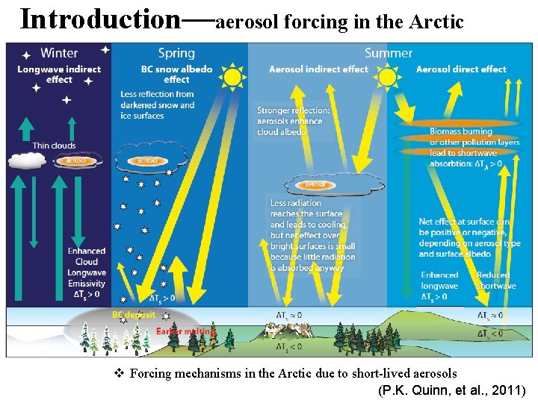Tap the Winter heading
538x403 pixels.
click(59, 53)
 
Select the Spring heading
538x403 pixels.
click(176, 53)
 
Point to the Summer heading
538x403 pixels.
click(388, 53)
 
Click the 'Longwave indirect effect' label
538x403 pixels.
click(59, 74)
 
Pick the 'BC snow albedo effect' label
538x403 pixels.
click(176, 74)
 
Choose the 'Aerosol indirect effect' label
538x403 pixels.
click(318, 69)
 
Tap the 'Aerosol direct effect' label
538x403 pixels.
click(461, 69)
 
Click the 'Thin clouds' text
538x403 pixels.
click(54, 146)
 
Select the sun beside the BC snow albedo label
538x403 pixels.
click(232, 75)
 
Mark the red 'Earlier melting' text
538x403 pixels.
click(187, 331)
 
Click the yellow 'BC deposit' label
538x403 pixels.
click(134, 315)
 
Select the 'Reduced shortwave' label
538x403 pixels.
click(495, 281)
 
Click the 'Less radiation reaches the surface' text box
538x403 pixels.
click(312, 235)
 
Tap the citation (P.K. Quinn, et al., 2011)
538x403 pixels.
click(452, 390)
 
